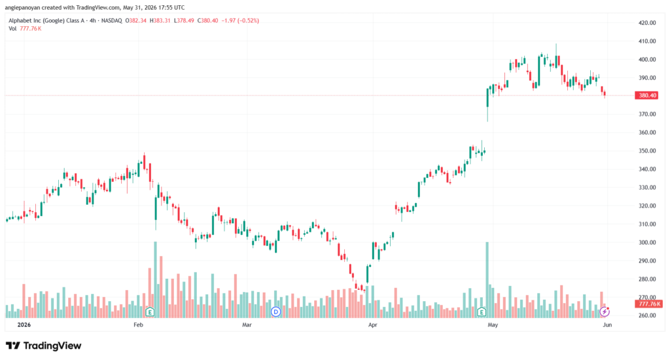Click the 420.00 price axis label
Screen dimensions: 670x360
(647, 23)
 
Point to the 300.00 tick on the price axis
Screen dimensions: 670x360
(647, 242)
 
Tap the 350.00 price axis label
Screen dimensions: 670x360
(647, 151)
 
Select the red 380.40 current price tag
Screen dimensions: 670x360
(647, 96)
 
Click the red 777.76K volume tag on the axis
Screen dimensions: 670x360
(648, 304)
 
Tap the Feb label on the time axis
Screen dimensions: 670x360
(138, 325)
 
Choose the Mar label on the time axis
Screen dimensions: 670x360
(247, 325)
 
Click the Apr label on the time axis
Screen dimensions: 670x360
(372, 325)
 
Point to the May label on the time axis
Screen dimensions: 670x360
(493, 325)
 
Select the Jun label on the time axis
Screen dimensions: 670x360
(607, 325)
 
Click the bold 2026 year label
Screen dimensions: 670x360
(24, 325)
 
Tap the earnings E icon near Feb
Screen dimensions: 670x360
(150, 312)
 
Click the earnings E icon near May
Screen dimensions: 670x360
(482, 312)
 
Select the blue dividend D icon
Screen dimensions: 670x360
(275, 312)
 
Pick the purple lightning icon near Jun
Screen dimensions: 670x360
(604, 312)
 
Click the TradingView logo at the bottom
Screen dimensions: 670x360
(44, 346)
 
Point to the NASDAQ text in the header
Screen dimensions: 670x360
(111, 20)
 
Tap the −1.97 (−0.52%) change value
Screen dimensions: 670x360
(240, 20)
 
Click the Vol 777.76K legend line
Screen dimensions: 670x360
(25, 29)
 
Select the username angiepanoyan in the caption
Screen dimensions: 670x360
(22, 8)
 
